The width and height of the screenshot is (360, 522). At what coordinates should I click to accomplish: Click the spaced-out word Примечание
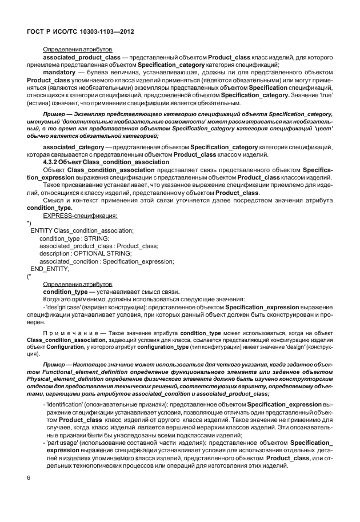click(x=66, y=332)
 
